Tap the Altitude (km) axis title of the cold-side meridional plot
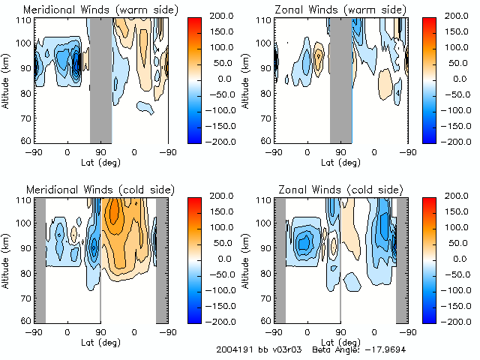7,259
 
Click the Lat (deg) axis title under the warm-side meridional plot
100,161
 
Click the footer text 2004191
232,350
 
